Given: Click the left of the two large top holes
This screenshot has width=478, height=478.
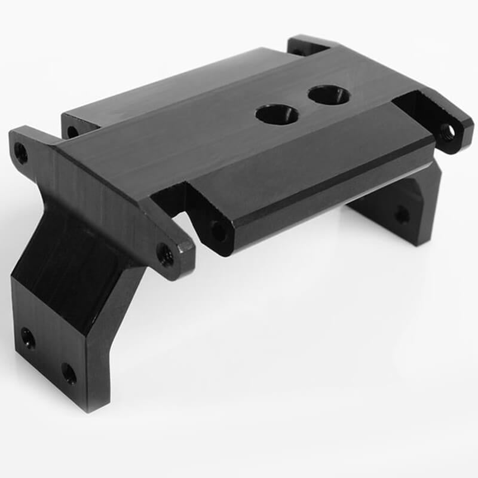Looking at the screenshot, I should pyautogui.click(x=277, y=114).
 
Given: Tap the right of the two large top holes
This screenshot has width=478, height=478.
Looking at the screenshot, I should pyautogui.click(x=329, y=94).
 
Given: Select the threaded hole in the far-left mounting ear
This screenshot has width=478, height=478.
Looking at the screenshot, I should pyautogui.click(x=21, y=153).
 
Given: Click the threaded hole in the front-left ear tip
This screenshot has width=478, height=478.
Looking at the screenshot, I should pyautogui.click(x=167, y=255).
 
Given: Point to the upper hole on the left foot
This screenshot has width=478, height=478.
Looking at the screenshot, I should pyautogui.click(x=27, y=338).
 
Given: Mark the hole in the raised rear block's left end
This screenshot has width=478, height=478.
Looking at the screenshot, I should pyautogui.click(x=73, y=131).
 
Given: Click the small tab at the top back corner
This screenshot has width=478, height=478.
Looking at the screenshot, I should pyautogui.click(x=308, y=45).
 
